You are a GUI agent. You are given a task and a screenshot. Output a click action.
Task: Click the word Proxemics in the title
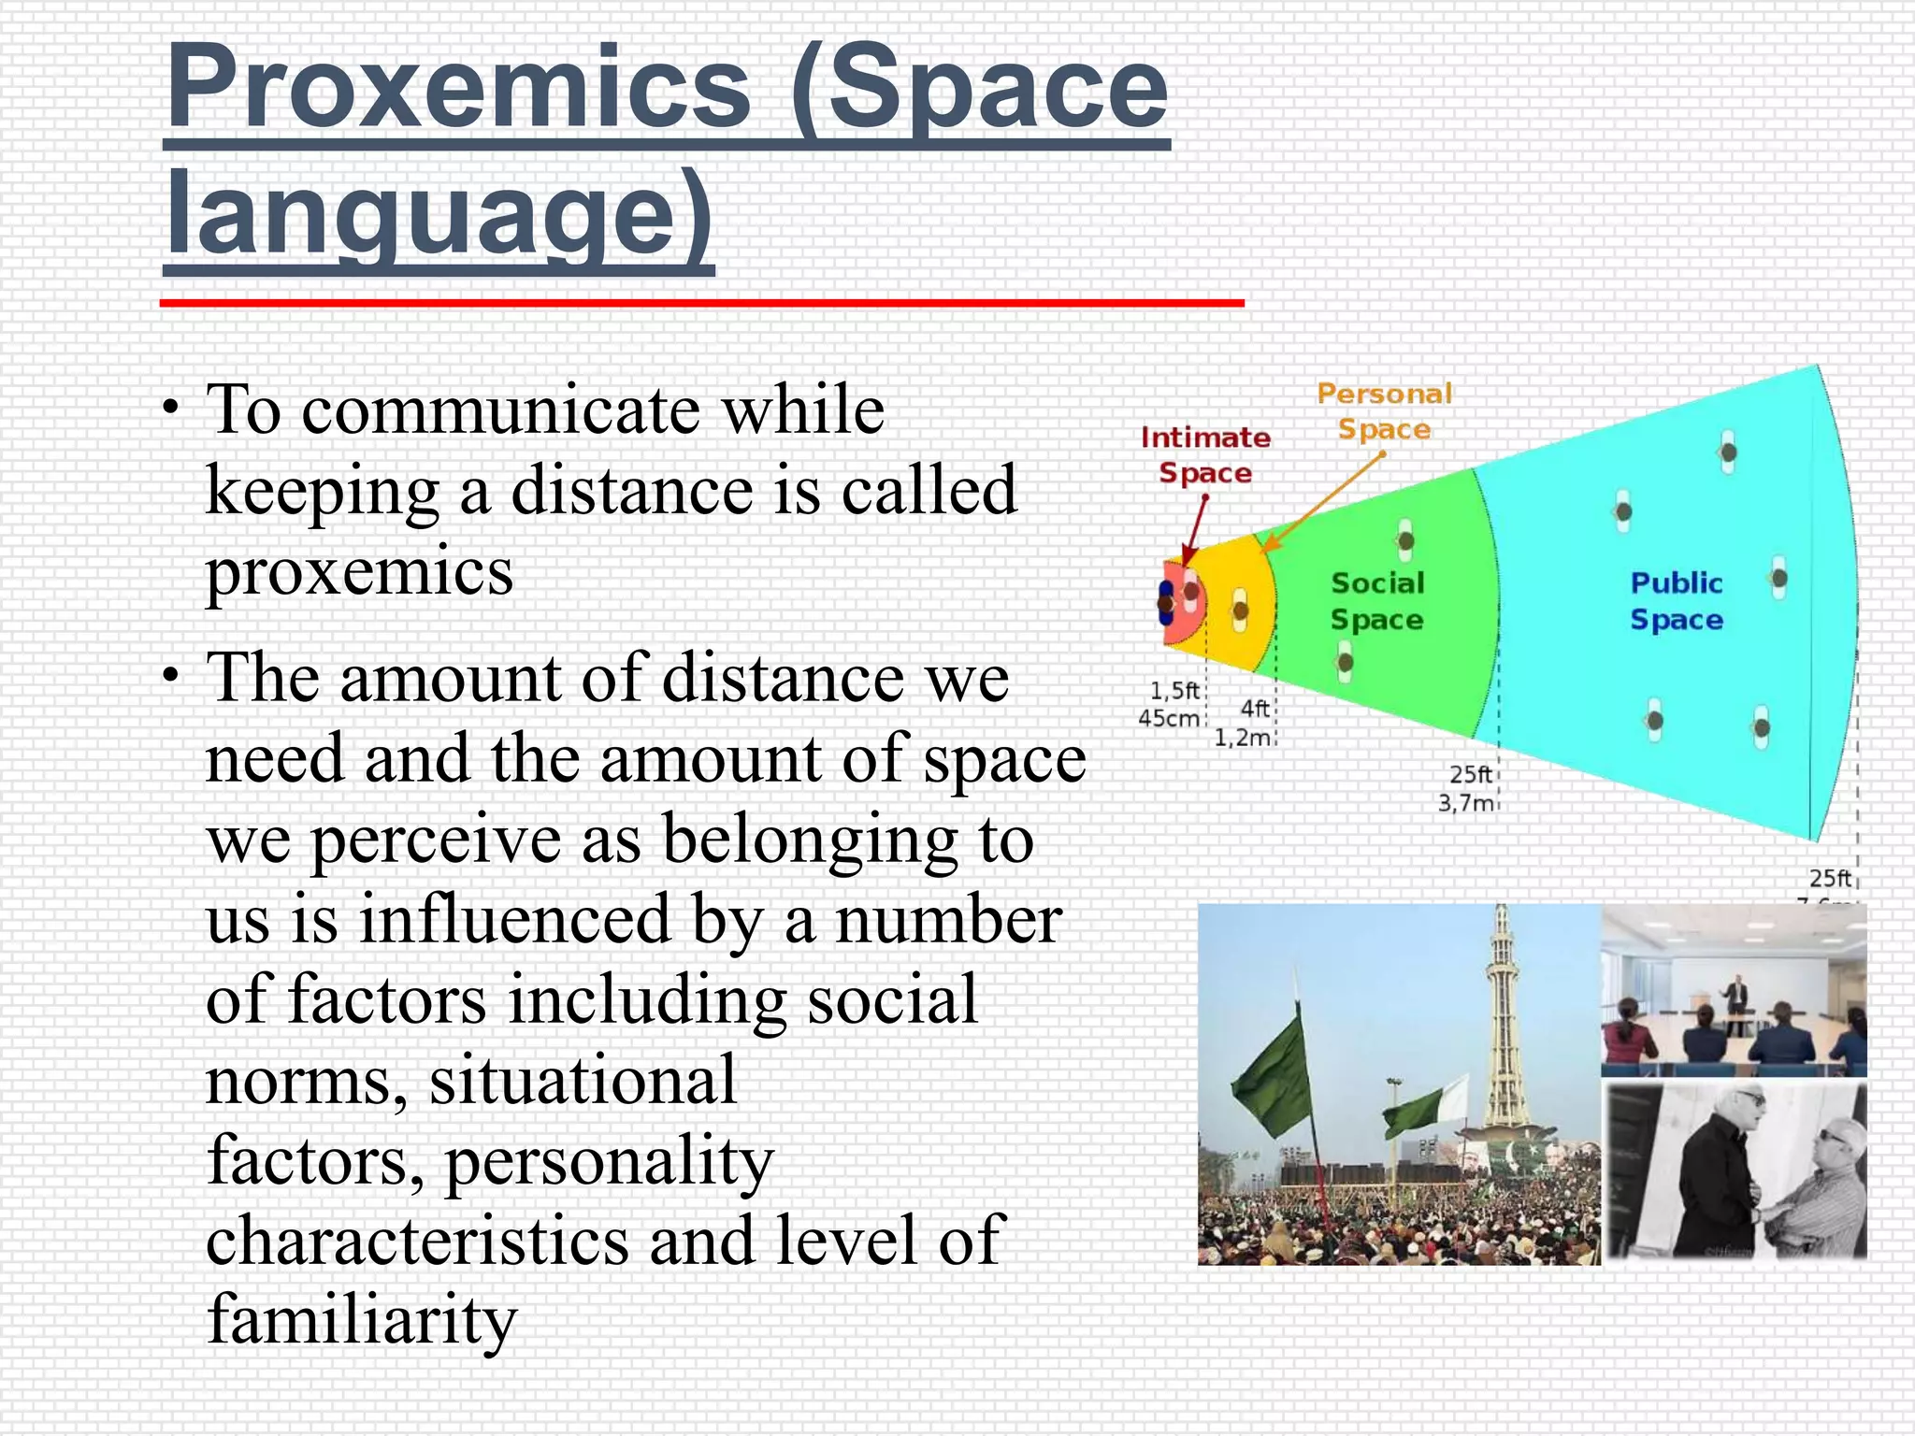point(458,89)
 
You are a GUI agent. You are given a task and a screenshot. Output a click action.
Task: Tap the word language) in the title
point(439,215)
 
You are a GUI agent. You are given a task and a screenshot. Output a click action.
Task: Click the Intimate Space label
point(1205,455)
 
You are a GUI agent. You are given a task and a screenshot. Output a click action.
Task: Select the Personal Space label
point(1384,411)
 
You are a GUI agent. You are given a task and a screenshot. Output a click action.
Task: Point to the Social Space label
point(1377,601)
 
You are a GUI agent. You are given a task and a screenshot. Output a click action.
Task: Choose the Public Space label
point(1676,601)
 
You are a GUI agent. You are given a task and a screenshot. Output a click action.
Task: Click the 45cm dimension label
point(1169,719)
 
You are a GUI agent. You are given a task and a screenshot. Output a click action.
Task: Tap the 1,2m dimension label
point(1243,738)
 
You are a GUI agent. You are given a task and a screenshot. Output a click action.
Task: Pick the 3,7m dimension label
point(1465,803)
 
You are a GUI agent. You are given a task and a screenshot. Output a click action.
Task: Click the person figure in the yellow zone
point(1240,610)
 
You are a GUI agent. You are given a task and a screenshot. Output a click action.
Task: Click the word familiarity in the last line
point(361,1319)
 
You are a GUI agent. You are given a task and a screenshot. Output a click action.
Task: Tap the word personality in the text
point(609,1160)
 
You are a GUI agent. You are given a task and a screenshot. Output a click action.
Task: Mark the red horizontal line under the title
point(701,303)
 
